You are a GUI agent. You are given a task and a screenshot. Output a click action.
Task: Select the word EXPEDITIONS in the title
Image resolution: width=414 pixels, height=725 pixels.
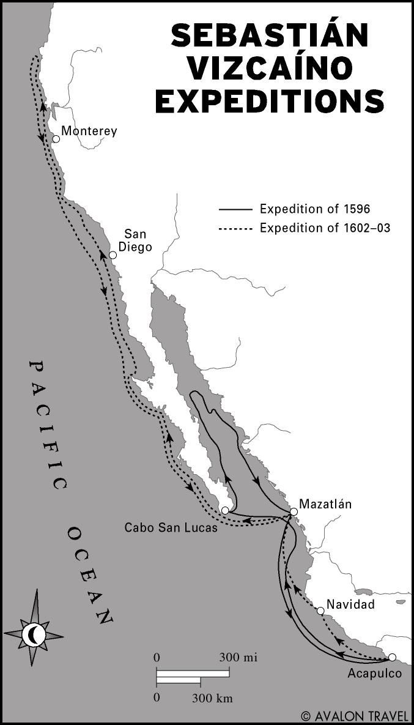tap(270, 101)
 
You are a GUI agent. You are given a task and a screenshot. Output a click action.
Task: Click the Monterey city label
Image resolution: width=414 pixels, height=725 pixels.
tap(89, 131)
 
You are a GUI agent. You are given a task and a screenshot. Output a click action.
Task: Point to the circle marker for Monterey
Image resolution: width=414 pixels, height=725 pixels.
tap(56, 139)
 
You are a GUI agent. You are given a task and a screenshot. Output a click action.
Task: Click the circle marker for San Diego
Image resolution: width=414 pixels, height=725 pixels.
tap(113, 255)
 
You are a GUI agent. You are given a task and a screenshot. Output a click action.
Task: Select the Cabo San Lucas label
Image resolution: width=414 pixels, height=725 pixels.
tap(171, 527)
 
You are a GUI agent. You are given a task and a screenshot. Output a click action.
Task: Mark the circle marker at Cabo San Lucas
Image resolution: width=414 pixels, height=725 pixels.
tap(225, 510)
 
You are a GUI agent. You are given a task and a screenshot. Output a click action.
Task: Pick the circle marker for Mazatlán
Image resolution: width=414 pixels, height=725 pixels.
tap(294, 511)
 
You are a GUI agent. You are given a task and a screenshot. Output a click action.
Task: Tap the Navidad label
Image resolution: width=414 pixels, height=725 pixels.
tap(350, 604)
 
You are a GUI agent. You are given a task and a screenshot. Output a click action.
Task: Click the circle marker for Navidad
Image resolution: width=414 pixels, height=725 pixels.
tap(320, 611)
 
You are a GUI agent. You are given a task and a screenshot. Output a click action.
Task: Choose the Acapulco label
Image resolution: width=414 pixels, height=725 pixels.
tap(374, 674)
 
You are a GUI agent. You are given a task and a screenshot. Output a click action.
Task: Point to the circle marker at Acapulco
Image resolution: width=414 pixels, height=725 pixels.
tap(392, 657)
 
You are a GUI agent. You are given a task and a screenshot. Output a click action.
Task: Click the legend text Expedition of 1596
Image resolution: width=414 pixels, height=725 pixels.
tap(315, 209)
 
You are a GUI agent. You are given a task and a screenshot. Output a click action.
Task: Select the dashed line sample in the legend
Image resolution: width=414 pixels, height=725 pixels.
tap(235, 228)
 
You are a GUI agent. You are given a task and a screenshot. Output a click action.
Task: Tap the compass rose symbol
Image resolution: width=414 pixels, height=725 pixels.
tap(34, 634)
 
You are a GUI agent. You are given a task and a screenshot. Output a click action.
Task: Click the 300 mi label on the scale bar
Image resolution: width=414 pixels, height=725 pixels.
tap(238, 658)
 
